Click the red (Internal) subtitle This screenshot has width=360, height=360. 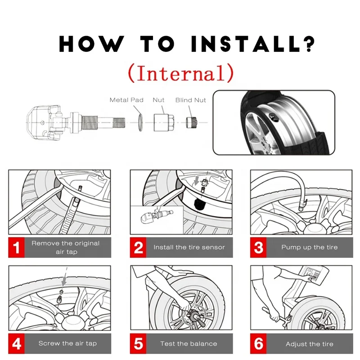click(180, 72)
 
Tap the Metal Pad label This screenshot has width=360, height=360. click(126, 100)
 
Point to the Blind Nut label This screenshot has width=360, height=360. click(190, 100)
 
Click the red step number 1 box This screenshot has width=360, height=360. click(16, 247)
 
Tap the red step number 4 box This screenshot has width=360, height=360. click(16, 344)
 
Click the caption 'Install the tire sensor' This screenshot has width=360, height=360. click(189, 247)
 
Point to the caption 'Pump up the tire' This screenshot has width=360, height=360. click(309, 247)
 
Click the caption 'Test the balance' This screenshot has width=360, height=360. click(189, 344)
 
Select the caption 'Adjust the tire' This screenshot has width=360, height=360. click(309, 344)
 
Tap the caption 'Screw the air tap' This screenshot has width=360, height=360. click(67, 343)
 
